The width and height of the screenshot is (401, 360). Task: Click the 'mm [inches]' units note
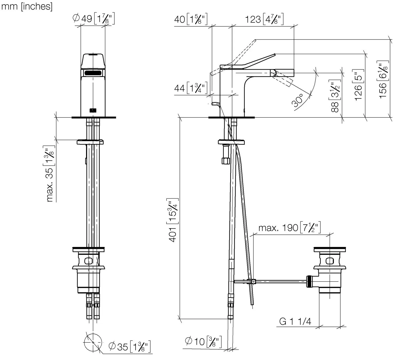(x=27, y=7)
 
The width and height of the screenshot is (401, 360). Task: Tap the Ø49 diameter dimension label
(x=94, y=19)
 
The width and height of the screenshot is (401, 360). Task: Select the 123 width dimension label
(x=264, y=19)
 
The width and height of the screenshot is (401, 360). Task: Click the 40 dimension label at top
(x=191, y=19)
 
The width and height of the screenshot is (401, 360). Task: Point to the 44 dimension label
(x=191, y=88)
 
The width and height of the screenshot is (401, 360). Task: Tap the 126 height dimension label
(x=358, y=85)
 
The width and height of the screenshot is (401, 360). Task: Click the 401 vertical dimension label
(x=172, y=220)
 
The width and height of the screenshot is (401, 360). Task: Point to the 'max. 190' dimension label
(x=290, y=228)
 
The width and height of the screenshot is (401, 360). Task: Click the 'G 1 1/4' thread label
(x=295, y=322)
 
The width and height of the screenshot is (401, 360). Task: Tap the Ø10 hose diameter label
(x=203, y=342)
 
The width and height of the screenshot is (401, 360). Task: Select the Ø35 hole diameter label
(x=129, y=347)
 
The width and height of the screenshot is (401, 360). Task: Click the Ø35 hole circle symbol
(x=93, y=342)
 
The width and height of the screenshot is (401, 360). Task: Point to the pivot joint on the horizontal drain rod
(x=253, y=282)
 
